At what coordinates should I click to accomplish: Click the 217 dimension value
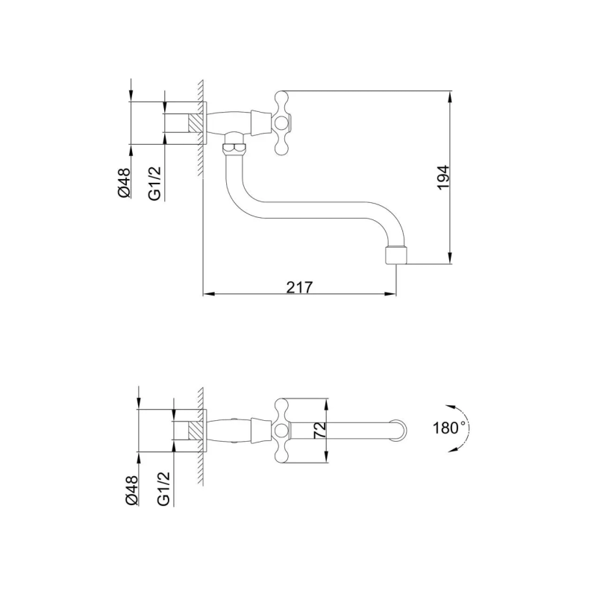coord(299,287)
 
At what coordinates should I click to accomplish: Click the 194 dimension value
coord(443,178)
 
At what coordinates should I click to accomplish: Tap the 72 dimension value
coord(320,431)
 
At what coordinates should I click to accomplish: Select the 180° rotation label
coord(449,428)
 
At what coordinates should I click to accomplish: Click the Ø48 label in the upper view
coord(125,183)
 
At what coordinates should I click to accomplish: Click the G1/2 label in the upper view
coord(154,183)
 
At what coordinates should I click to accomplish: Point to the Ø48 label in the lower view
coord(132,490)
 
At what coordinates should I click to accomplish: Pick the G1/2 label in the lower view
coord(163,489)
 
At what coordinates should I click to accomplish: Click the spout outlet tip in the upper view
coord(396,255)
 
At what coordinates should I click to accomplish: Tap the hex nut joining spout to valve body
coord(234,148)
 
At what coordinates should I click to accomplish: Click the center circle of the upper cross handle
coord(281,122)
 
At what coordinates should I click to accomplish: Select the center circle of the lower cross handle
coord(281,431)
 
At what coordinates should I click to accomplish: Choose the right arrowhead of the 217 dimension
coord(390,293)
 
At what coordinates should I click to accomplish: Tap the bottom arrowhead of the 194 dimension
coord(450,257)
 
